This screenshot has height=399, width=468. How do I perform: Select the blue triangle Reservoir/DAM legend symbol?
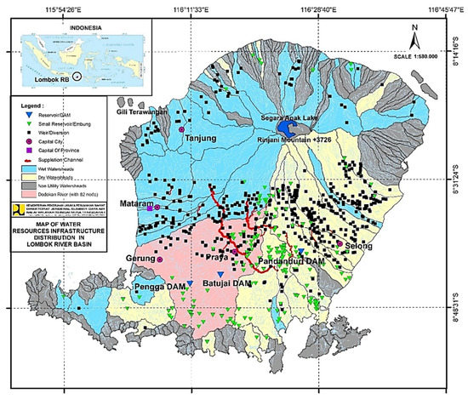[26, 114]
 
